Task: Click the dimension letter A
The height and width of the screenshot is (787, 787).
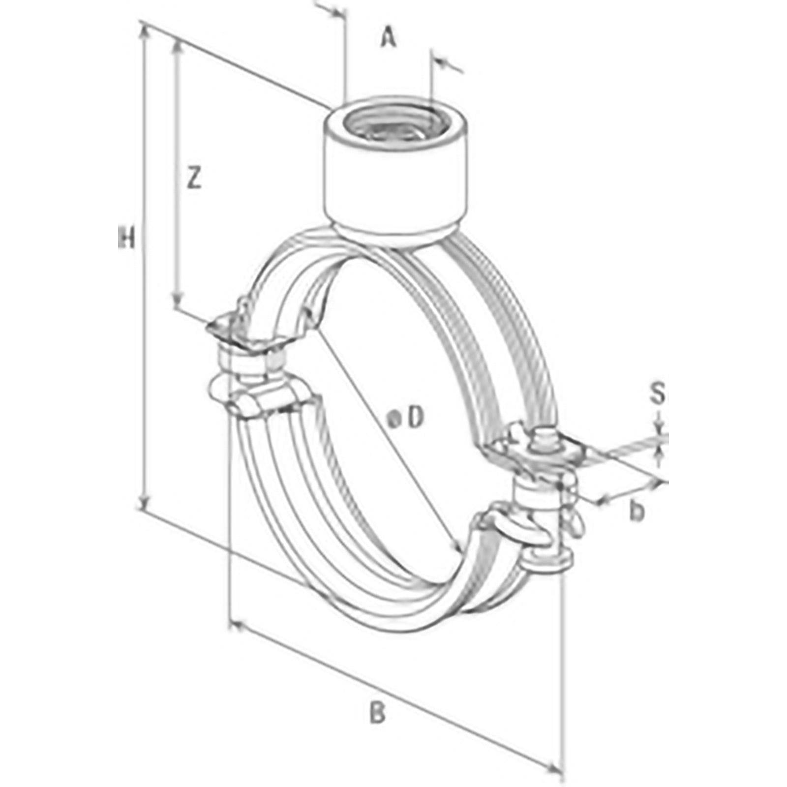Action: tap(388, 38)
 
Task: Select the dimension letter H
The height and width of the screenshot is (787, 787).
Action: tap(126, 238)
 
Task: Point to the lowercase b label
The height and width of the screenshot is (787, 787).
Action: tap(637, 512)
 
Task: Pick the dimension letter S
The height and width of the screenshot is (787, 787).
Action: tap(658, 394)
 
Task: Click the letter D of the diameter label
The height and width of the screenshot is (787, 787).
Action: tap(416, 419)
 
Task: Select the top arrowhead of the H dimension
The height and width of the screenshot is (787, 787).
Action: tap(145, 31)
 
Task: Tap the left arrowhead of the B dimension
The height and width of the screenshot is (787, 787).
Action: tap(236, 626)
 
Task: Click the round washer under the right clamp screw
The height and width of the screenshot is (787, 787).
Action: tap(547, 557)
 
